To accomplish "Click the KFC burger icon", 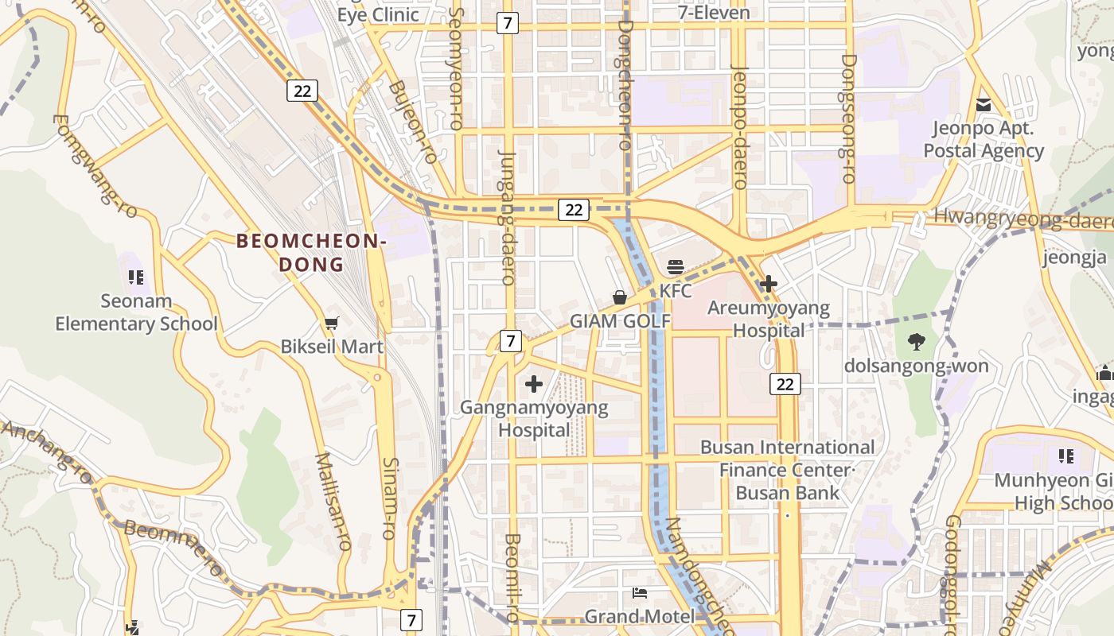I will (676, 267).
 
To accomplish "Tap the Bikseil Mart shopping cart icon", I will (332, 323).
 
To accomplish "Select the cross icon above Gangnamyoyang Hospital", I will (533, 385).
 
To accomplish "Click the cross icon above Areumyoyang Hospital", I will (769, 283).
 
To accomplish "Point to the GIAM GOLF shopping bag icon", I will (620, 297).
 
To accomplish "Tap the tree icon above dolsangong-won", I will (916, 342).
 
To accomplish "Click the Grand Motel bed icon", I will (639, 593).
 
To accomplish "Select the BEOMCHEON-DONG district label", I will (311, 252).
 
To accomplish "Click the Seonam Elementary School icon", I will (135, 277).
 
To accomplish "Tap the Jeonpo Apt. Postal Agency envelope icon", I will (984, 104).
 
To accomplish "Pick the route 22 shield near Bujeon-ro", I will (302, 91).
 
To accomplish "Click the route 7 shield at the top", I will (507, 23).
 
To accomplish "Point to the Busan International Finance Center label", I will (786, 459).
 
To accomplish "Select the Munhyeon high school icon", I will (1065, 456).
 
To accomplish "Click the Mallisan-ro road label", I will (333, 501).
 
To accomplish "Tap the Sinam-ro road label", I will (389, 498).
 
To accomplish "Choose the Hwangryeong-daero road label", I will (1022, 218).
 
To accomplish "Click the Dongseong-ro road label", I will (848, 119).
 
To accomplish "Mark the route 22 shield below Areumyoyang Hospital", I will (785, 384).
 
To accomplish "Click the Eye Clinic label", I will (378, 14).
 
